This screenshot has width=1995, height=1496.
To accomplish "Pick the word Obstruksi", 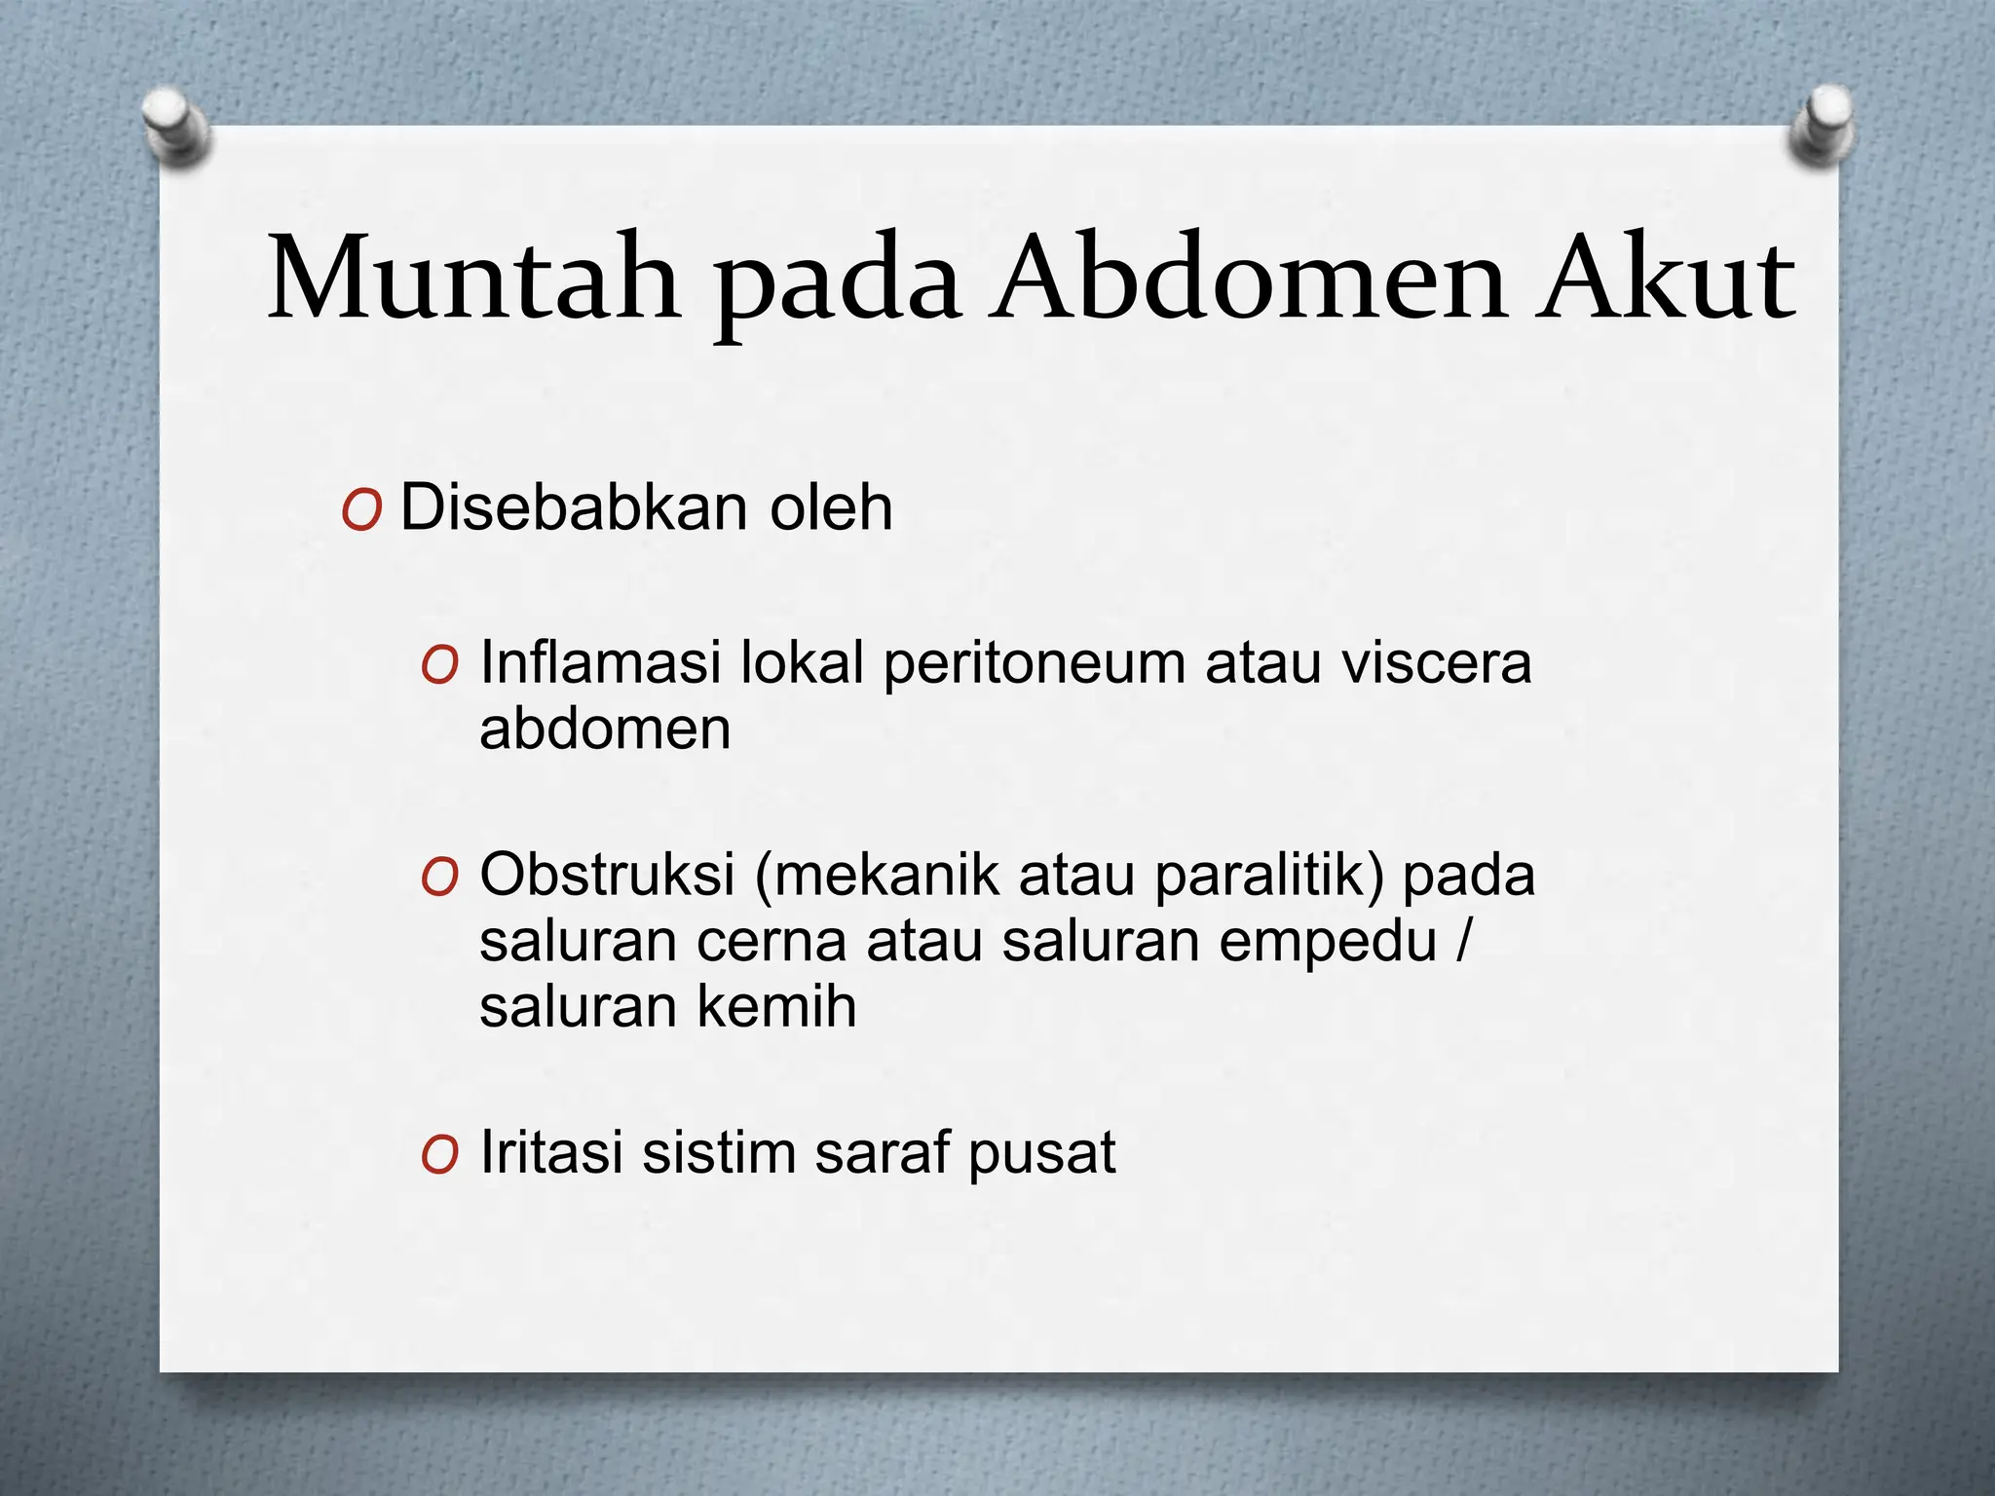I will point(607,874).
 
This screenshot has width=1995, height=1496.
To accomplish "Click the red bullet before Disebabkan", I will point(360,510).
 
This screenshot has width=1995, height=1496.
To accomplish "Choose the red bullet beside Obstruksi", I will point(439,877).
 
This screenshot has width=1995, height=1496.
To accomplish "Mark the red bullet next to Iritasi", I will point(439,1156).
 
